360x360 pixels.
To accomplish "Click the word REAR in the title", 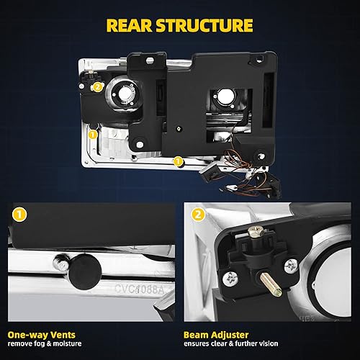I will pos(131,26).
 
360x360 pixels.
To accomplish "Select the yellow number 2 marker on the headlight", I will pos(97,86).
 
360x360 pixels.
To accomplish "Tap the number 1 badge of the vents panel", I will pos(17,215).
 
